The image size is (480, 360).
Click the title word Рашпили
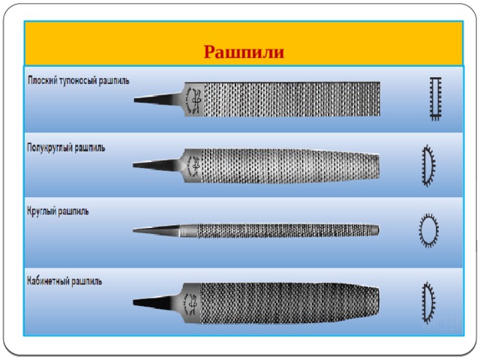point(244,52)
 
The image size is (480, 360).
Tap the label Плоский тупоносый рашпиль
point(79,81)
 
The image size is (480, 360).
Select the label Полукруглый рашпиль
point(66,148)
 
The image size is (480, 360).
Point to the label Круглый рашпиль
point(58,211)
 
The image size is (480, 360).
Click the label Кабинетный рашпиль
point(64,281)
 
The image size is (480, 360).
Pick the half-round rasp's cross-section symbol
point(428,165)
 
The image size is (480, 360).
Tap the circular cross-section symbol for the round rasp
point(428,230)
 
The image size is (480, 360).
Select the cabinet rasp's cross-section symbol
point(428,303)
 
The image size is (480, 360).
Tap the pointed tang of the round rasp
point(156,230)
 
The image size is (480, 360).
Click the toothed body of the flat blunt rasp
point(292,99)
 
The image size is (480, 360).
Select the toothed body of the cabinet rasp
point(289,303)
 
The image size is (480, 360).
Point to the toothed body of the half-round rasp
point(290,166)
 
